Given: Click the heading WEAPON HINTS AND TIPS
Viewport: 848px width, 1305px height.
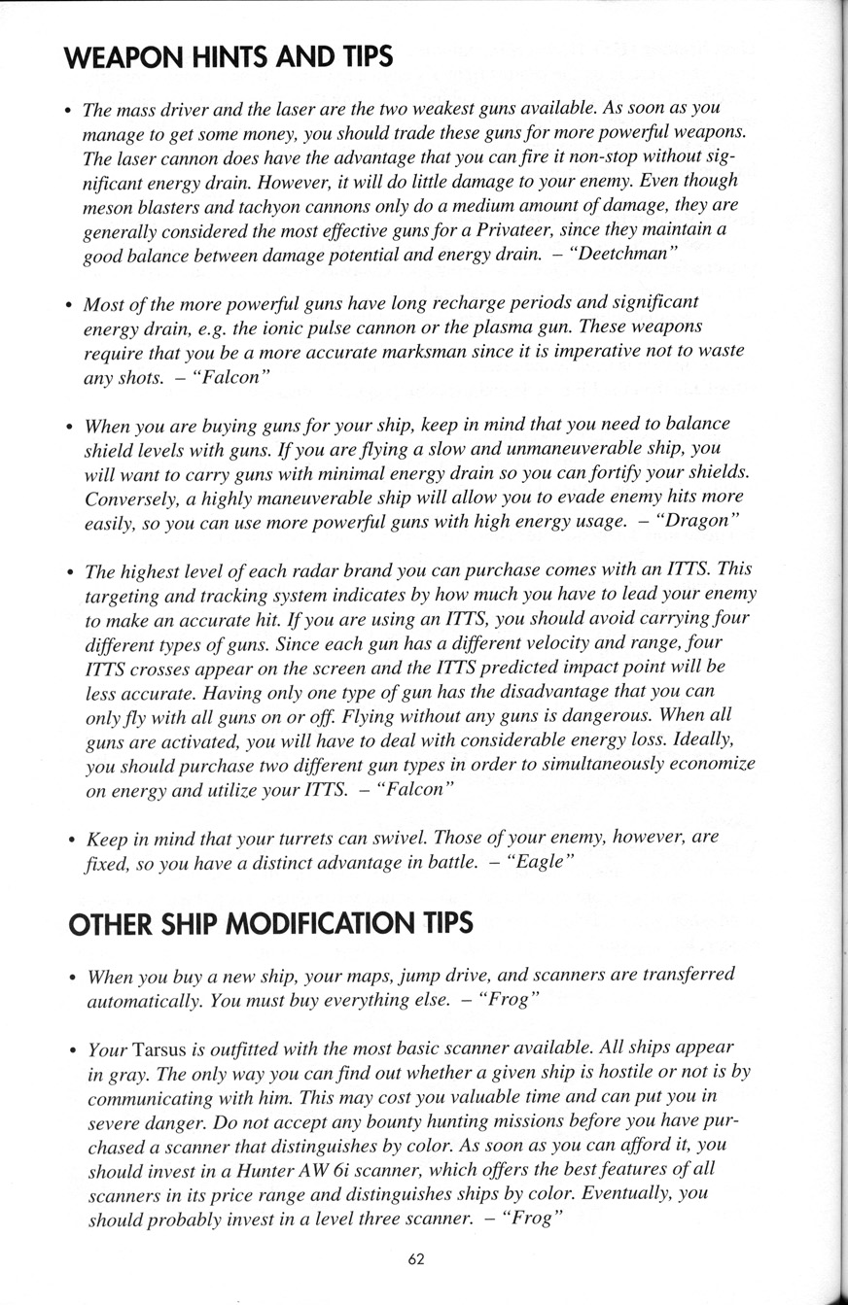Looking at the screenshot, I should pyautogui.click(x=228, y=56).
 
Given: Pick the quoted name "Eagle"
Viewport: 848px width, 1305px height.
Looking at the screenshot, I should pyautogui.click(x=542, y=862).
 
